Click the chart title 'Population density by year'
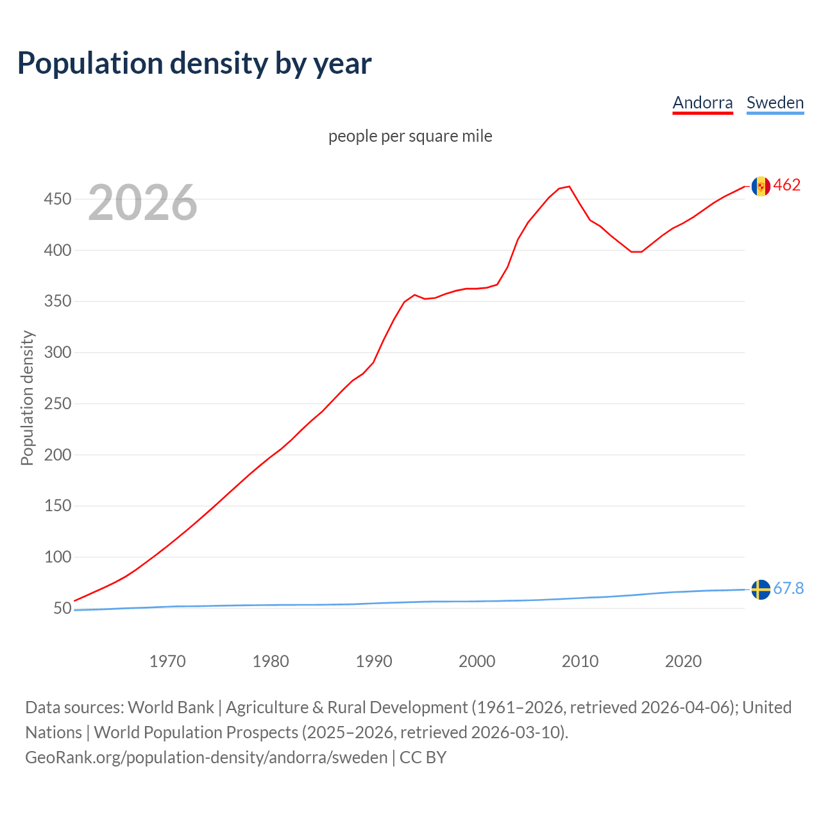click(x=194, y=63)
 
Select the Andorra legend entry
click(x=702, y=103)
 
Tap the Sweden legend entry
click(x=775, y=103)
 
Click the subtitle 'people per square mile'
click(x=410, y=136)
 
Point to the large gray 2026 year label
click(x=142, y=203)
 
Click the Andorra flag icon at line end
click(x=761, y=186)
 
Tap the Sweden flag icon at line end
click(x=761, y=589)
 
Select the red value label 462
click(x=787, y=185)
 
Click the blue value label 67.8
click(x=788, y=588)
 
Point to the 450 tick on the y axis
click(x=57, y=199)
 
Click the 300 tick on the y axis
click(x=57, y=353)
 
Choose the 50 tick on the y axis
click(x=62, y=608)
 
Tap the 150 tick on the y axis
click(x=57, y=506)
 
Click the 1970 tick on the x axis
click(x=167, y=661)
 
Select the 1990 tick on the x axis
click(x=374, y=661)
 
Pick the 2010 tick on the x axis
click(x=580, y=661)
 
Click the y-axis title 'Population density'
click(x=27, y=398)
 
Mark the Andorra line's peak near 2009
click(x=569, y=187)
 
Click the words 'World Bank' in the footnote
click(x=171, y=707)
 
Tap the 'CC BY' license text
click(x=423, y=758)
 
